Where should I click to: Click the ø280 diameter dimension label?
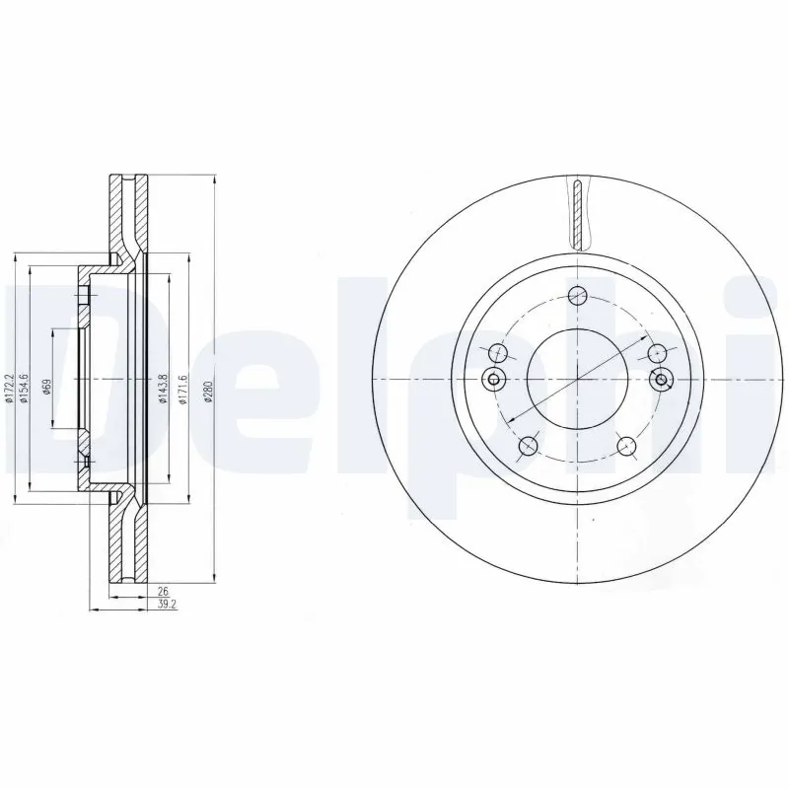coord(208,392)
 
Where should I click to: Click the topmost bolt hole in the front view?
coord(578,294)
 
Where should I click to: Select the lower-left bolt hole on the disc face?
coord(529,446)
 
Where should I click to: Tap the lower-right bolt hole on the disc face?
coord(626,446)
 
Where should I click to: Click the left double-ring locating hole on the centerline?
coord(494,381)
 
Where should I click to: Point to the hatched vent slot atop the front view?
coord(579,211)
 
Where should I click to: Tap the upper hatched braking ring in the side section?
coord(126,212)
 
